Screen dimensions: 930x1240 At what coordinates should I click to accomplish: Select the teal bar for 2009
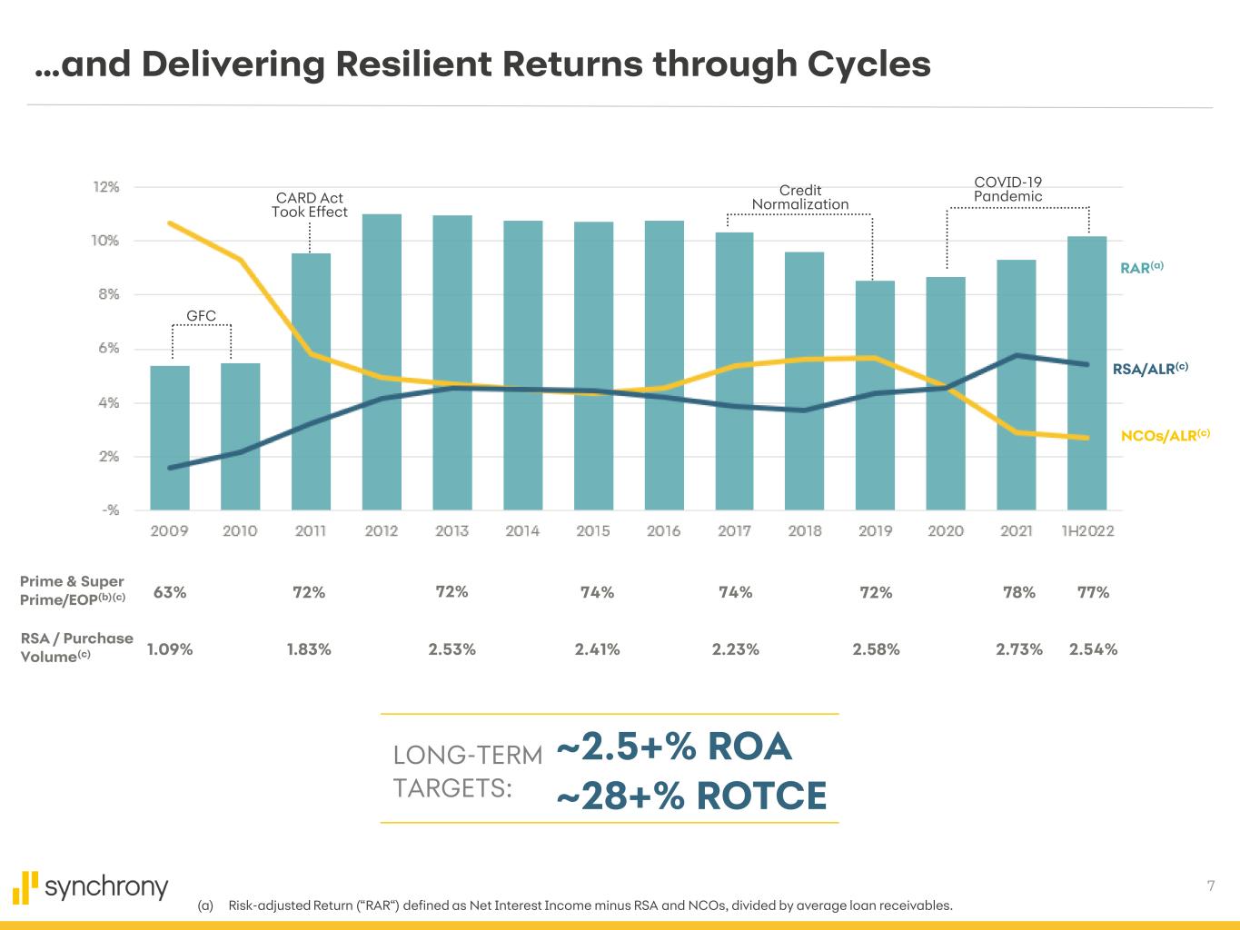(x=170, y=437)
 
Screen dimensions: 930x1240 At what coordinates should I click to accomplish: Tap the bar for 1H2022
(x=1086, y=372)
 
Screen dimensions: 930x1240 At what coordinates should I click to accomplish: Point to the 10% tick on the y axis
(x=105, y=241)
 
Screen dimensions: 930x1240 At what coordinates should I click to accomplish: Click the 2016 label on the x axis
(x=663, y=530)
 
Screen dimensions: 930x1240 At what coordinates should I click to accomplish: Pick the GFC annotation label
(x=202, y=316)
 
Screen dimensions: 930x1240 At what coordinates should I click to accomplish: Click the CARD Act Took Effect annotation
(x=310, y=204)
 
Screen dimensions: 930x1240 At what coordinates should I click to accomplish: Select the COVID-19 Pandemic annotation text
(x=1007, y=189)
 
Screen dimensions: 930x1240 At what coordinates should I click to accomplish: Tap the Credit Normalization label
(x=800, y=197)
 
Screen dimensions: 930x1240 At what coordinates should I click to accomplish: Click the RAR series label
(x=1141, y=268)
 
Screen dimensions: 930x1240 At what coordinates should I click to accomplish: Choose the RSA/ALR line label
(x=1150, y=369)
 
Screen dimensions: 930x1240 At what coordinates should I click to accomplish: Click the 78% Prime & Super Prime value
(x=1018, y=592)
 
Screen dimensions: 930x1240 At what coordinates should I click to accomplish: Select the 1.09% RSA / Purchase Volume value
(x=170, y=649)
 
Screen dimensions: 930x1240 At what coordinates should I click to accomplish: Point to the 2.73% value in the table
(x=1019, y=649)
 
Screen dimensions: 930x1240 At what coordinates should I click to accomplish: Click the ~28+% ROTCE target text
(x=691, y=796)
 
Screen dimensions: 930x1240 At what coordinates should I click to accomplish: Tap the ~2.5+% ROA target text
(x=674, y=747)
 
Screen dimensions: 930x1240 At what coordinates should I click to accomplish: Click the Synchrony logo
(x=91, y=887)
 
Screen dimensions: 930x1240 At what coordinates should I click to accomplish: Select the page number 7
(x=1211, y=885)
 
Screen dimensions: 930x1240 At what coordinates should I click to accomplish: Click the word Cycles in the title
(x=867, y=64)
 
